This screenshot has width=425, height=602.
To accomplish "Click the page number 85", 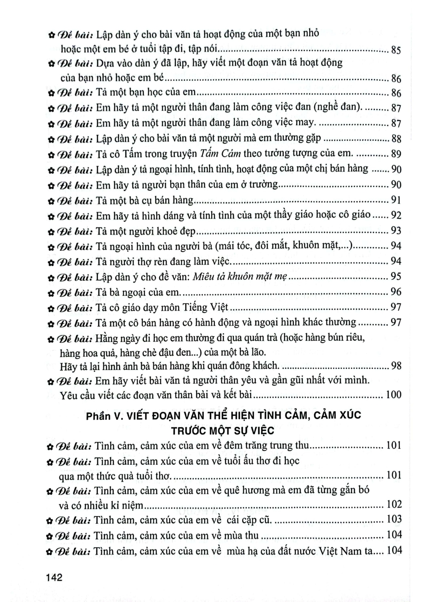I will tap(395, 50).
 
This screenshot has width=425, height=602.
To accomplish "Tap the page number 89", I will tap(396, 154).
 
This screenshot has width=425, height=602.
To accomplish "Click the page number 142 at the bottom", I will tap(54, 578).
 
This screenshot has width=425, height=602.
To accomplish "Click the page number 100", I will tap(393, 395).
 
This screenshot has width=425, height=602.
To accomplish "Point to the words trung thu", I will tap(289, 445).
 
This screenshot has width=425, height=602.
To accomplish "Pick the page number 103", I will tap(394, 520).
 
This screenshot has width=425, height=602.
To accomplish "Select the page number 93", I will tap(396, 230).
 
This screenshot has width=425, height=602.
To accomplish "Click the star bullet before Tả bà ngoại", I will tap(51, 293).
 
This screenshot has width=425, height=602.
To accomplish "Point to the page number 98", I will tap(396, 366).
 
